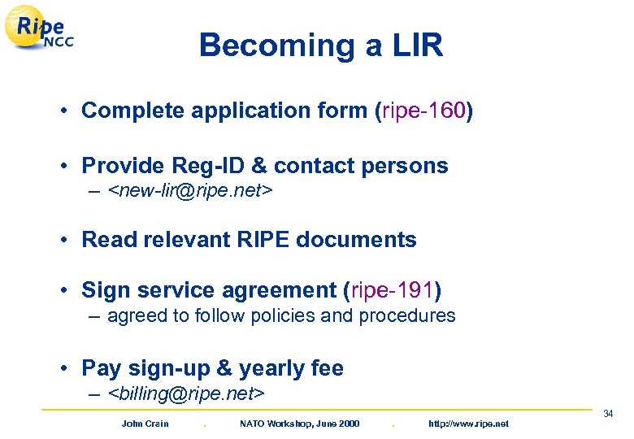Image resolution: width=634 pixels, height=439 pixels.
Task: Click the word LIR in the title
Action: tap(414, 46)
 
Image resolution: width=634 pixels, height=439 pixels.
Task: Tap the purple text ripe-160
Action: tap(422, 111)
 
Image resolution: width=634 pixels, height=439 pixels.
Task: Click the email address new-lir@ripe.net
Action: tap(190, 191)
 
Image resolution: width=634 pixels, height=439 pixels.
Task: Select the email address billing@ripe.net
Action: tap(186, 394)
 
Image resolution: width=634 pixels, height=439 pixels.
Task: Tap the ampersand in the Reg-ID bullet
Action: tap(259, 166)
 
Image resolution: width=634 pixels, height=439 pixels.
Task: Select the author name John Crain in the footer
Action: tap(145, 424)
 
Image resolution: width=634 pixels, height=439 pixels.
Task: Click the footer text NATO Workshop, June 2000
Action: tap(299, 424)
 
